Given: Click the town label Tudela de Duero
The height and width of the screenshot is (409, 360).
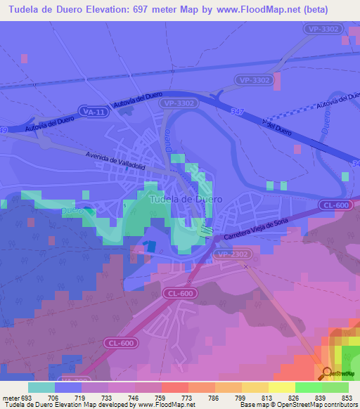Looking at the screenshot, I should pos(186,199).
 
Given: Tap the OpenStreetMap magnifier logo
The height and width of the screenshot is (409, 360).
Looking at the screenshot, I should pos(327,373).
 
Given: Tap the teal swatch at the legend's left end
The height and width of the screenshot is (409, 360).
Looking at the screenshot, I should pos(41,387).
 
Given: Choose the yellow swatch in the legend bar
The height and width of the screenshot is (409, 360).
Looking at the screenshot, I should pos(281,387).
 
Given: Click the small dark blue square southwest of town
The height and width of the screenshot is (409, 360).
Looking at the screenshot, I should pos(146,247).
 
